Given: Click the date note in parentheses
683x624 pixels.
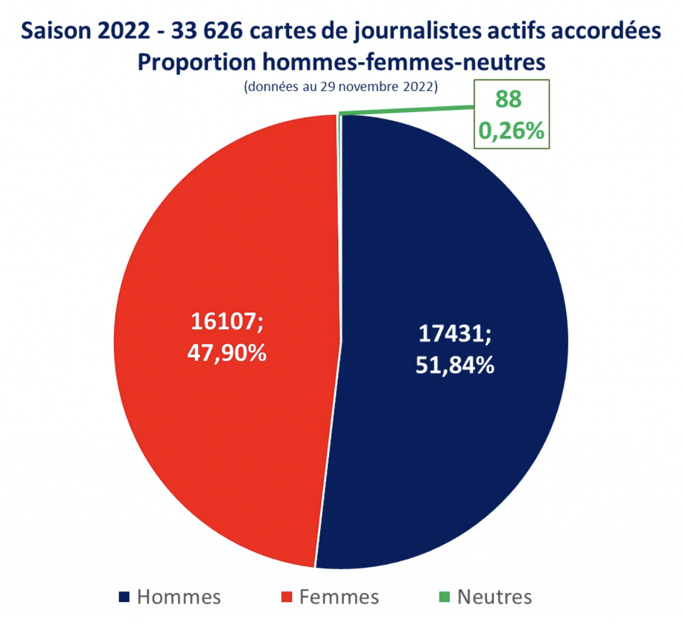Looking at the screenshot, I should (x=340, y=87).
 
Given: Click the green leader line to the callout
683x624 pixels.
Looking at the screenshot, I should (x=406, y=109).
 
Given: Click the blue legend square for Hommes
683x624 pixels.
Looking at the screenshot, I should (x=124, y=597).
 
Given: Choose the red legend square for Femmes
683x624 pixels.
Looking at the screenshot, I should (x=286, y=597).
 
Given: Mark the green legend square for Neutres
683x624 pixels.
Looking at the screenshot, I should (x=444, y=597).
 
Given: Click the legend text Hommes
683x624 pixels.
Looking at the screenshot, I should (x=179, y=597).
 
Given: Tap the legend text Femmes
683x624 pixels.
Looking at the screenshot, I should (x=339, y=597).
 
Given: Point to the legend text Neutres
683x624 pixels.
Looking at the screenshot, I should (x=495, y=597).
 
